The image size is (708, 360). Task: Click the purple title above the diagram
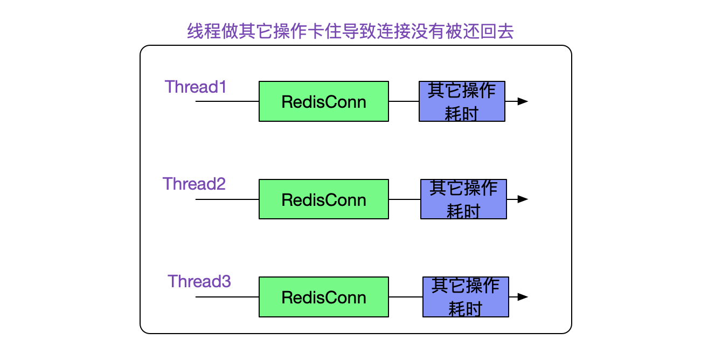pos(350,31)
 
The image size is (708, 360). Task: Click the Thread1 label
pos(196,87)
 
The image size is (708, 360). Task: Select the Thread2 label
pos(194,184)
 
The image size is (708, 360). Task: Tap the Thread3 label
pos(199,281)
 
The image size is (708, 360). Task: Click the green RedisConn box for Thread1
pos(324,101)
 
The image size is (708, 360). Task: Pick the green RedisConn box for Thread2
pos(324,199)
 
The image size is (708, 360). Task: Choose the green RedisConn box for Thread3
pos(324,297)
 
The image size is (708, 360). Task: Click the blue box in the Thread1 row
pos(462,101)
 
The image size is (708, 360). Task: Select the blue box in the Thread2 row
pos(463,199)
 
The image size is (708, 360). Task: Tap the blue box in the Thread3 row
pos(466,297)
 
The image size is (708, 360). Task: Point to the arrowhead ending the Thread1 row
pos(523,101)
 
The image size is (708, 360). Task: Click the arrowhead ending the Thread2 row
pos(523,199)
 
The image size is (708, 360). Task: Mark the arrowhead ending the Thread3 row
pos(523,297)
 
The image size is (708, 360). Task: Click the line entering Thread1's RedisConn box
pos(227,101)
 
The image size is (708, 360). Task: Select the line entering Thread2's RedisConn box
pos(227,199)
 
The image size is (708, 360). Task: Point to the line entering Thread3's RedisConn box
pos(227,297)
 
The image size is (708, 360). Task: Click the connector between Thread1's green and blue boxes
pos(404,101)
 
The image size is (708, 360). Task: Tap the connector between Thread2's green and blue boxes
pos(405,199)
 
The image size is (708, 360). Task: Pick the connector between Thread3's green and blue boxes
pos(406,297)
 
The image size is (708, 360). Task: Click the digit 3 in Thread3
pos(226,281)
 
